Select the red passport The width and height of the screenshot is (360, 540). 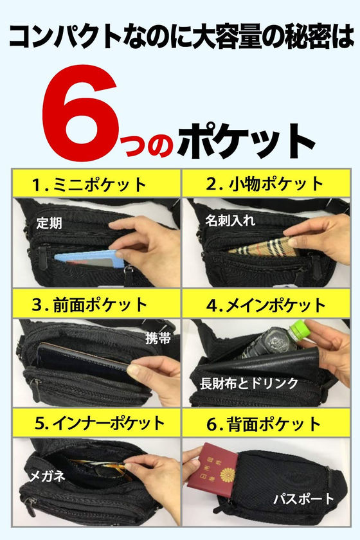pyautogui.click(x=212, y=470)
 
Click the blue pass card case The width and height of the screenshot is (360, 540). pyautogui.click(x=88, y=260)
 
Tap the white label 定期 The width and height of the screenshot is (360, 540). pyautogui.click(x=50, y=223)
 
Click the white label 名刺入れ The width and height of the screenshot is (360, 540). pyautogui.click(x=230, y=221)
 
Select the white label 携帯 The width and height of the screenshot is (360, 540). pyautogui.click(x=158, y=339)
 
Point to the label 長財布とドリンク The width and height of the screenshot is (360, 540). pyautogui.click(x=249, y=383)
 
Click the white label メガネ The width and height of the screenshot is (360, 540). pyautogui.click(x=47, y=476)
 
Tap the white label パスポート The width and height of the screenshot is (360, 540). pyautogui.click(x=304, y=499)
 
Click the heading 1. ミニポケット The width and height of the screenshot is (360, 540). pyautogui.click(x=89, y=184)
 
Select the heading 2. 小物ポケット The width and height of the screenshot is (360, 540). pyautogui.click(x=265, y=184)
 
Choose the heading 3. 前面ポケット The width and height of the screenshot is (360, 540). pyautogui.click(x=89, y=305)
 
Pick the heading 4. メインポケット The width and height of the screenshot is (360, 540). pyautogui.click(x=266, y=305)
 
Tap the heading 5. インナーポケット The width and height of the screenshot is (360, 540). pyautogui.click(x=100, y=424)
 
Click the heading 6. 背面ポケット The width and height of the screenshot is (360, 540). pyautogui.click(x=264, y=424)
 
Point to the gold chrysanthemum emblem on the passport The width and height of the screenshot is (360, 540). pyautogui.click(x=228, y=475)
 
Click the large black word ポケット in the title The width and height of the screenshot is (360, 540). pyautogui.click(x=246, y=142)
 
